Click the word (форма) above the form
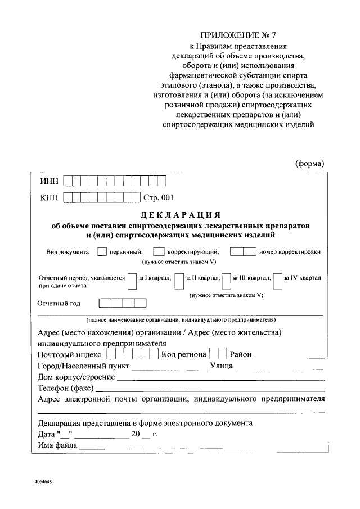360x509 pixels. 310,163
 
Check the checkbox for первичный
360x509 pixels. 102,252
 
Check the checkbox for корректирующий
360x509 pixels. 159,252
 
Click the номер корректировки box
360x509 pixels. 243,252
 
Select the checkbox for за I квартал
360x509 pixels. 132,280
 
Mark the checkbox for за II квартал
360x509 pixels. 179,280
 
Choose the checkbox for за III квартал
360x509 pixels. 227,280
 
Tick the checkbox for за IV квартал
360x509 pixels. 277,280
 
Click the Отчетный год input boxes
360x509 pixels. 123,303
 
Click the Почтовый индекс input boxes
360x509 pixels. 133,354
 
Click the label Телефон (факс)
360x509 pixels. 66,388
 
